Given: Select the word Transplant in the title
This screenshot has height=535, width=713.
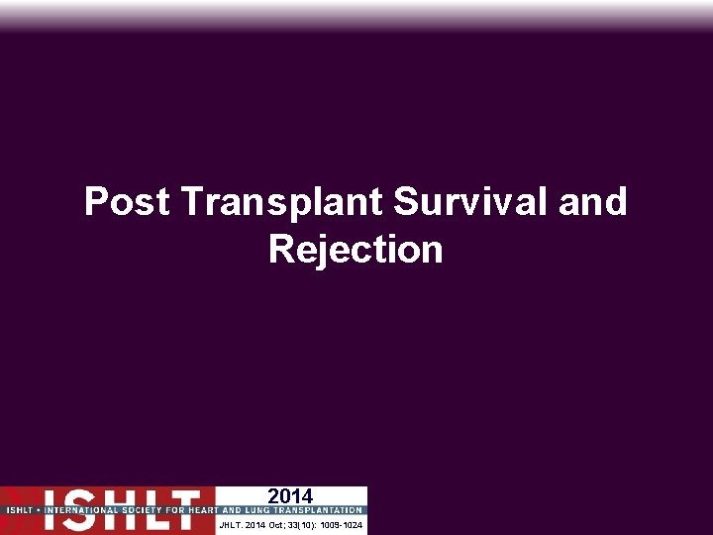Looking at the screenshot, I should pyautogui.click(x=283, y=202).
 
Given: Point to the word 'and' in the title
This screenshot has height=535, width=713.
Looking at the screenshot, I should pyautogui.click(x=593, y=202).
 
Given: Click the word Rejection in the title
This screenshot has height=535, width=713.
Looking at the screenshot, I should pyautogui.click(x=356, y=250).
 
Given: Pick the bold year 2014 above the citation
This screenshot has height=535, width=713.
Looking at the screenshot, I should pyautogui.click(x=290, y=496).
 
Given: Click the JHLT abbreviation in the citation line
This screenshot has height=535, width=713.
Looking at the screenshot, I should pyautogui.click(x=230, y=524).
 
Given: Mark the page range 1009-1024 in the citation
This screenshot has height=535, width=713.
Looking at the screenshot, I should pyautogui.click(x=341, y=524).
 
